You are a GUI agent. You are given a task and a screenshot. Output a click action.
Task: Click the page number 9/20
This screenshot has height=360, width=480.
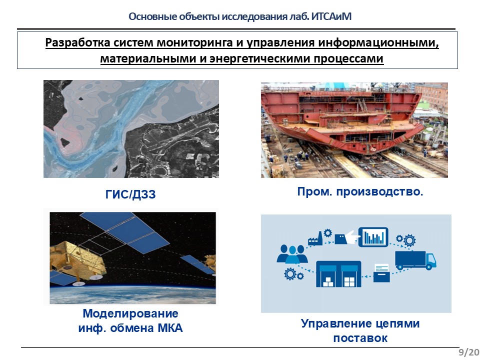click(x=468, y=352)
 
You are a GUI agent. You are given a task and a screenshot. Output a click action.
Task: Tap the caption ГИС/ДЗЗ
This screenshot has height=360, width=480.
click(x=130, y=194)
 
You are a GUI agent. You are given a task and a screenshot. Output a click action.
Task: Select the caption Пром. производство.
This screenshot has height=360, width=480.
click(x=360, y=192)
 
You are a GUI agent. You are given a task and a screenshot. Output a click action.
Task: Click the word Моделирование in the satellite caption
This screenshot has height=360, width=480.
click(x=130, y=313)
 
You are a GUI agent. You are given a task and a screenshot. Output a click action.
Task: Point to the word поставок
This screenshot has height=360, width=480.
click(x=360, y=338)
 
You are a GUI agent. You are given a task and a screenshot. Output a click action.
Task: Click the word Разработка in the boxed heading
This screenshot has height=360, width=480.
click(x=78, y=42)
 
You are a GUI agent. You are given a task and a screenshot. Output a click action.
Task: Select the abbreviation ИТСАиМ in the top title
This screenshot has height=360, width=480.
click(x=331, y=16)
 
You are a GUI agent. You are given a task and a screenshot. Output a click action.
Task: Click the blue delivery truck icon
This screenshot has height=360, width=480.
click(x=415, y=260)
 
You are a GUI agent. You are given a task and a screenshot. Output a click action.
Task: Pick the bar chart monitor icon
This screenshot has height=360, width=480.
click(x=373, y=237)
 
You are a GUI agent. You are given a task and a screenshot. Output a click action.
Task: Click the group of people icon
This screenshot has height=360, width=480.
click(x=291, y=254)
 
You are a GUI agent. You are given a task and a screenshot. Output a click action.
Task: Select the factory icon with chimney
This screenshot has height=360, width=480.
click(x=315, y=239)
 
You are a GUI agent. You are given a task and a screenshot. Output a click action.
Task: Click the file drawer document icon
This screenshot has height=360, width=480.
click(x=381, y=273)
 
